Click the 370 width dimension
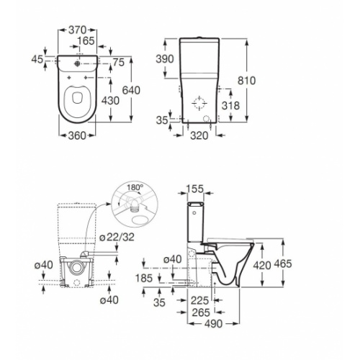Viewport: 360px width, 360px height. [x=77, y=30]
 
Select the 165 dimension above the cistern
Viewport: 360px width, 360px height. [x=86, y=41]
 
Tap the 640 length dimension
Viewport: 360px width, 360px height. [x=131, y=91]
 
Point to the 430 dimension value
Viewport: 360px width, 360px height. [x=110, y=101]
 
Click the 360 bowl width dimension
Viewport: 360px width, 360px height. [x=77, y=136]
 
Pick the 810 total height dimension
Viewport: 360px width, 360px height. [x=247, y=81]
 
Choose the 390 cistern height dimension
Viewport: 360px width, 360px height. [x=165, y=59]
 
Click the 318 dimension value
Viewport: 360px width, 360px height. [x=230, y=106]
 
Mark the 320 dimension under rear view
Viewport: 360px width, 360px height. [x=199, y=136]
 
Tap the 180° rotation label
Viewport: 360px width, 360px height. [x=135, y=187]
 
